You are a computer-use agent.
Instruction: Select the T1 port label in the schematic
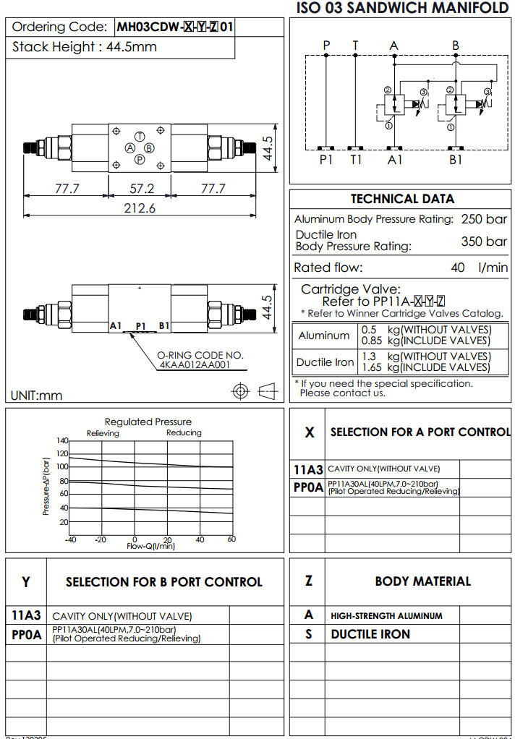click(356, 160)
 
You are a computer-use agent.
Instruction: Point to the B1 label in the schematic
click(456, 160)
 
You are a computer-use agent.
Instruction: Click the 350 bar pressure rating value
click(484, 242)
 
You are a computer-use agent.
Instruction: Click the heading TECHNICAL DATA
click(402, 199)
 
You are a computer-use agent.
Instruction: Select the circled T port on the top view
click(140, 137)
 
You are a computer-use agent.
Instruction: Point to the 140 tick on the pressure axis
click(62, 440)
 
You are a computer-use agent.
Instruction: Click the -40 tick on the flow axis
click(70, 539)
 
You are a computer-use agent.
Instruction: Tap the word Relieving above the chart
click(103, 433)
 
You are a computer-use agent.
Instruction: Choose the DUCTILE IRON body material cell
click(370, 634)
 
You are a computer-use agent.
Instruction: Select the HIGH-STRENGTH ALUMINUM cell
click(386, 616)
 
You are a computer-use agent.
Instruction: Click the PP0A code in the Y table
click(27, 634)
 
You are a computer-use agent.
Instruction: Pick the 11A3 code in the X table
click(308, 469)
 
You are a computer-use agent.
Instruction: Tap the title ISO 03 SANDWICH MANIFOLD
click(403, 9)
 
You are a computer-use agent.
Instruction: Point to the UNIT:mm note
click(37, 395)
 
